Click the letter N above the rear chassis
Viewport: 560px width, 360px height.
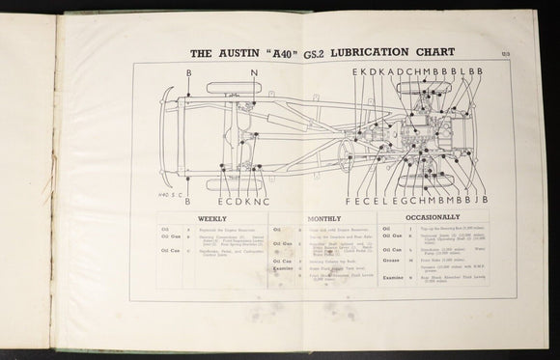pos(253,73)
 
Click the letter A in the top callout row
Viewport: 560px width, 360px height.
pos(386,71)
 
